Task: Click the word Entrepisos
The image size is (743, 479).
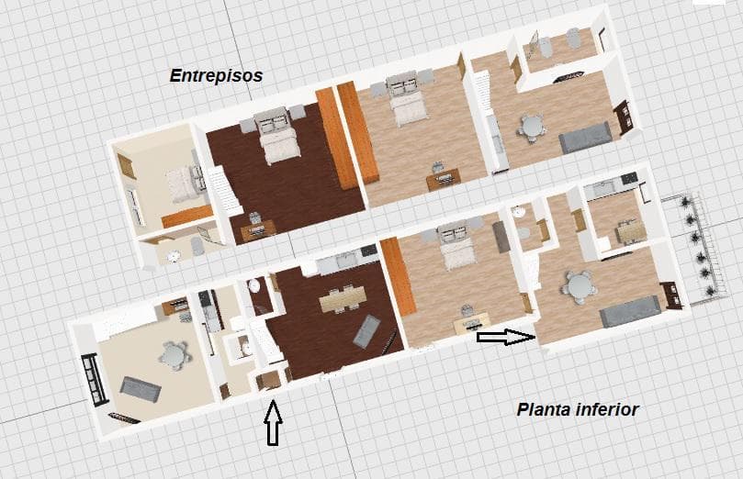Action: [216, 76]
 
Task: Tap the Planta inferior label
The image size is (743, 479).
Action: [578, 409]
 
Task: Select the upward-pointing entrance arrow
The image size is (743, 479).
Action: [274, 423]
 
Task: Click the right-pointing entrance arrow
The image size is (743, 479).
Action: [506, 337]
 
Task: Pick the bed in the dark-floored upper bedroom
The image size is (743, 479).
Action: [276, 136]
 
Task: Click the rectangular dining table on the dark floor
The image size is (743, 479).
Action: [343, 298]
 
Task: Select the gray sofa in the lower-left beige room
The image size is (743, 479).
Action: [141, 389]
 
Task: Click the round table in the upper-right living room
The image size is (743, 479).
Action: [531, 128]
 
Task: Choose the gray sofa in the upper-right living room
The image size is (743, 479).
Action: [585, 138]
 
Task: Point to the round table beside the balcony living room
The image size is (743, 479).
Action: [578, 287]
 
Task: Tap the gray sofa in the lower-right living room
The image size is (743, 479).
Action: [630, 311]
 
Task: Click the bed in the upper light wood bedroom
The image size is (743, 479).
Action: [407, 99]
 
